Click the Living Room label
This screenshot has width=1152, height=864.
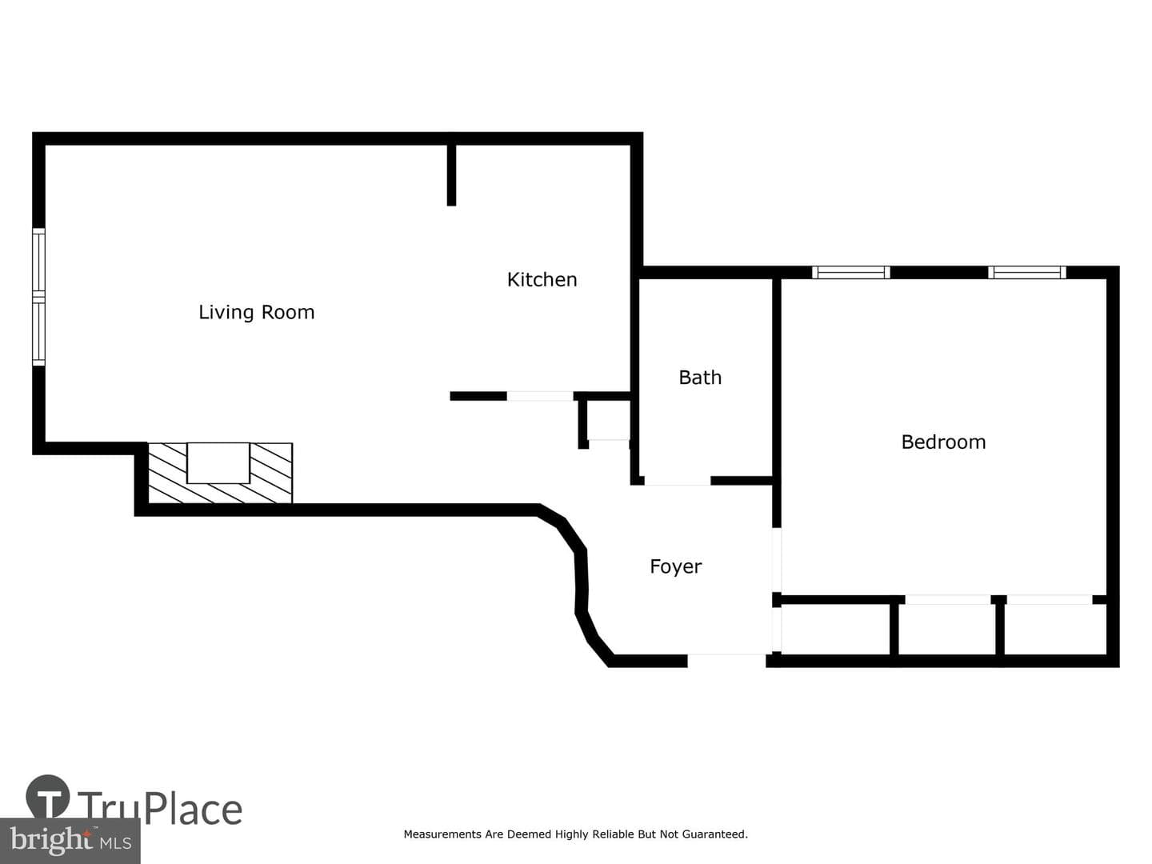pyautogui.click(x=256, y=312)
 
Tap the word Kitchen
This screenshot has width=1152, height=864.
pyautogui.click(x=542, y=280)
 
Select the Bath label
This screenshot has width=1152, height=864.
pyautogui.click(x=699, y=377)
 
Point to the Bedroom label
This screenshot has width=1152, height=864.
pyautogui.click(x=943, y=442)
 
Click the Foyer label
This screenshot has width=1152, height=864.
pyautogui.click(x=675, y=566)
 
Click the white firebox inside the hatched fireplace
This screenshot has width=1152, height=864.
pyautogui.click(x=218, y=462)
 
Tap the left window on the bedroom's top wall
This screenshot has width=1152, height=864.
pyautogui.click(x=850, y=272)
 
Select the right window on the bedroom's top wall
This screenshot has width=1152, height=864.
pyautogui.click(x=1026, y=272)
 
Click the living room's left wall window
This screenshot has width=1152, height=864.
pyautogui.click(x=39, y=296)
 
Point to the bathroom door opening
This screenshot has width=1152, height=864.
pyautogui.click(x=677, y=481)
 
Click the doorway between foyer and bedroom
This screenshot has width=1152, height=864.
pyautogui.click(x=777, y=560)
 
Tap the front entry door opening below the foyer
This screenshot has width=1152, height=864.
pyautogui.click(x=726, y=661)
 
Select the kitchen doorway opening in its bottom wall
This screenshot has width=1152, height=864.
pyautogui.click(x=539, y=396)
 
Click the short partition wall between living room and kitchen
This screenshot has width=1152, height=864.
pyautogui.click(x=451, y=175)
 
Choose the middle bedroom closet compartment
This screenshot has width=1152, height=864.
pyautogui.click(x=947, y=629)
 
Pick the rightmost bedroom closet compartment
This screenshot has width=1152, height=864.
pyautogui.click(x=1055, y=629)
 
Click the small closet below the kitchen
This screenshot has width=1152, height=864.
pyautogui.click(x=608, y=420)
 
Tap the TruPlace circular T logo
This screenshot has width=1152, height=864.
pyautogui.click(x=48, y=796)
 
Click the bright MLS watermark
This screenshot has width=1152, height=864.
pyautogui.click(x=70, y=840)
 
